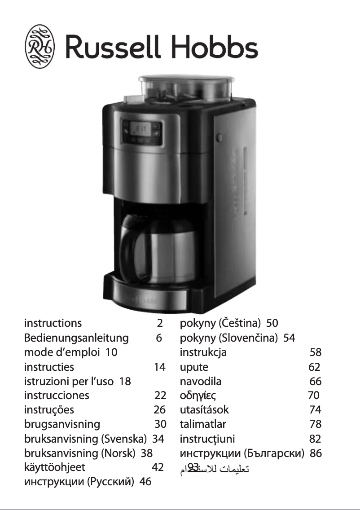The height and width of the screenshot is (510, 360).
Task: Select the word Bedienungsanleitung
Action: coord(76,338)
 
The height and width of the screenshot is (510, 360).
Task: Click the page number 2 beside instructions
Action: coord(159,323)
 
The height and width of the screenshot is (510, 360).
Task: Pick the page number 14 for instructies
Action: coord(159,367)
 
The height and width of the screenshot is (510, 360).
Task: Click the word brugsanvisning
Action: coord(62,424)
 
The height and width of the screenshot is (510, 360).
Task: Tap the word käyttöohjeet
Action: coord(54,468)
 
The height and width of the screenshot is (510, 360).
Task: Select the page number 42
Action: coord(158,468)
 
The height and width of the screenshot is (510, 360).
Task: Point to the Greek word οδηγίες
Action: coord(198,396)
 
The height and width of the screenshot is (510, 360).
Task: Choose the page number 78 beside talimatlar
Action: coord(316,424)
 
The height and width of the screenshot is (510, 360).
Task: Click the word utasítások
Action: coord(204,410)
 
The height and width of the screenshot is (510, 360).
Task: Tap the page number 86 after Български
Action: coord(316,453)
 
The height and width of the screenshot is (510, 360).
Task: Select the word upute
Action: coord(194,367)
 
